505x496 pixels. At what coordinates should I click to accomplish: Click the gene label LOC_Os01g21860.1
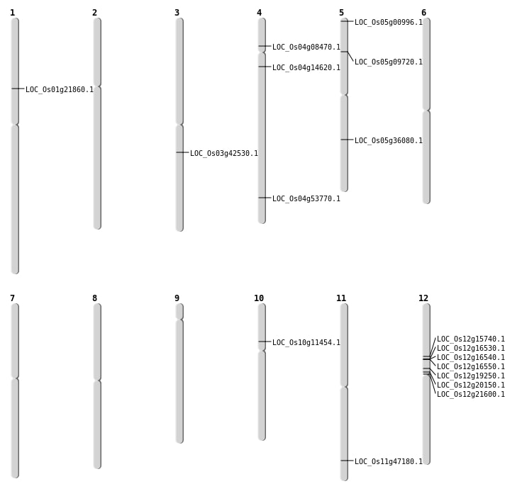point(60,90)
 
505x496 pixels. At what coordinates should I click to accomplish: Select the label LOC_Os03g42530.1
point(224,154)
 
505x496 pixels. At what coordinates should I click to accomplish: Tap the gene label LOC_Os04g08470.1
point(306,47)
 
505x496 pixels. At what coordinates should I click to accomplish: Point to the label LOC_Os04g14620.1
point(306,68)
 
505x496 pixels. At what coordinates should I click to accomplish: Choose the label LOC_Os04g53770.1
point(306,199)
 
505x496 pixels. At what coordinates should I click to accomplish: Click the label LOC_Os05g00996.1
point(389,23)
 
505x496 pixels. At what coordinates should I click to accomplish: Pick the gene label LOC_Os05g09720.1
point(389,62)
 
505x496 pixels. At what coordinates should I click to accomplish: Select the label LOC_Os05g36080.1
point(389,141)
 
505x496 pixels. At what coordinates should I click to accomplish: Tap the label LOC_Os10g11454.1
point(306,343)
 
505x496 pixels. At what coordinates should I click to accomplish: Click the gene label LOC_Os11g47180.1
point(389,462)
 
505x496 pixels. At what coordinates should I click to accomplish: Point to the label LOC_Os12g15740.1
point(471,339)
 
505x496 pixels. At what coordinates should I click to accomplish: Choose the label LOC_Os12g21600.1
point(471,395)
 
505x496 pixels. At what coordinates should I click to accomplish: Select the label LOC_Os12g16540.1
point(471,358)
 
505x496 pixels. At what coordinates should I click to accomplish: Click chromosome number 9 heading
point(177,298)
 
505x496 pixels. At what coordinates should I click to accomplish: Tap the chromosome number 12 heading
point(423,298)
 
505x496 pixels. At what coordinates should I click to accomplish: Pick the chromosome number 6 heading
point(423,13)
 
